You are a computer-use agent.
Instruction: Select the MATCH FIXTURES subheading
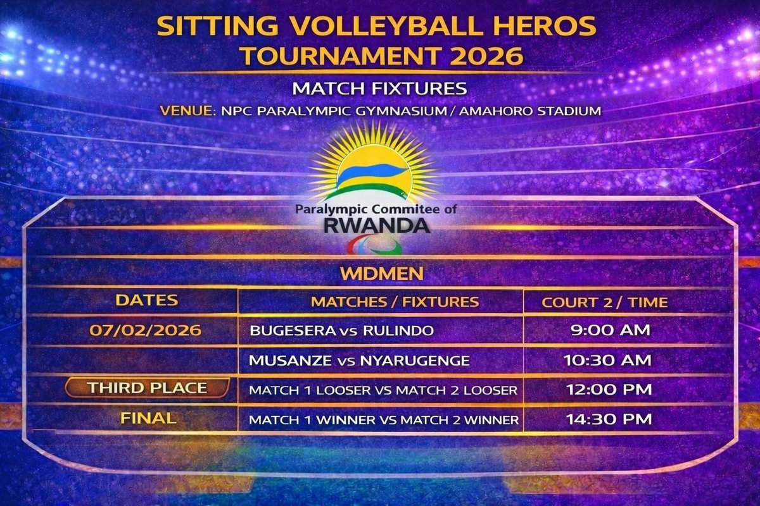coord(379,88)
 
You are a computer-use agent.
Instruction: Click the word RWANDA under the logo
coord(377,225)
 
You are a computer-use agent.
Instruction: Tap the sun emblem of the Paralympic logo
coord(373,165)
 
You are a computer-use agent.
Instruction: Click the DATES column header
coord(146,300)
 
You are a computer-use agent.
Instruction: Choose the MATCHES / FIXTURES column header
coord(395,302)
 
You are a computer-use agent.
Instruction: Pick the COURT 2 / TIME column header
coord(604,302)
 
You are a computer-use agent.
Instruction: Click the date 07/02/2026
coord(146,330)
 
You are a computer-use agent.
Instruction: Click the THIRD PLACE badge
coord(147,388)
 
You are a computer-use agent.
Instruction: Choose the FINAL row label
coord(148,418)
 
